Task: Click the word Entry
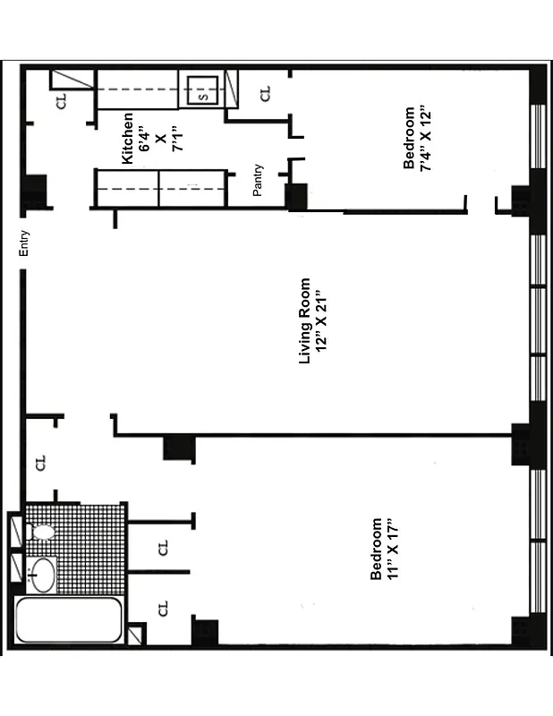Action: coord(26,244)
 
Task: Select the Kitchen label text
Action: coord(127,138)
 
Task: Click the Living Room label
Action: coord(304,320)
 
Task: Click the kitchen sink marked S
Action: coord(201,91)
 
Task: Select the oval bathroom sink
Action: coord(41,574)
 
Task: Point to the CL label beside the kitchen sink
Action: coord(266,93)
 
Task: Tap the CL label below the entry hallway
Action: coord(40,463)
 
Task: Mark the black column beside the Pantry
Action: coord(296,196)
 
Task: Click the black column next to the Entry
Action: coord(34,190)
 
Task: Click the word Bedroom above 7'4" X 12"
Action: coord(410,139)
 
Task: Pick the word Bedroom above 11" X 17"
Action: coord(377,549)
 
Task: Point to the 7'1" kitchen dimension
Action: coord(178,138)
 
